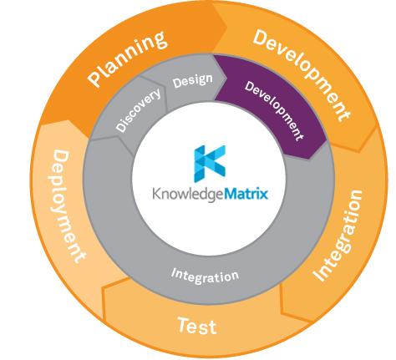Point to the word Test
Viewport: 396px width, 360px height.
[x=198, y=324]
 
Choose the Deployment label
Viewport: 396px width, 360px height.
[x=69, y=205]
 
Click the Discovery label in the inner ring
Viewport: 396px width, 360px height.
[x=134, y=111]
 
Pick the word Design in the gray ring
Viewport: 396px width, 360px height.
[x=192, y=81]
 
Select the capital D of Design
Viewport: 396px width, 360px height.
[x=177, y=84]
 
